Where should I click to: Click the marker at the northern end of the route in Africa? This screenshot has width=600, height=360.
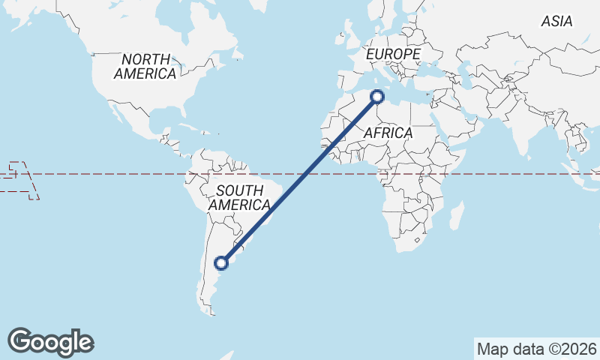[377, 96]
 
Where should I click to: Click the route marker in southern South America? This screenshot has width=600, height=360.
[221, 262]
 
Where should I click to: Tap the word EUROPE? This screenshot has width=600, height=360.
[393, 55]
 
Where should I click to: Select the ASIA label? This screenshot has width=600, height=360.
[556, 22]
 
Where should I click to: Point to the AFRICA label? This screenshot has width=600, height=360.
[388, 133]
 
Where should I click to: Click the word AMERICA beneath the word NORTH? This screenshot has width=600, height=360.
[145, 73]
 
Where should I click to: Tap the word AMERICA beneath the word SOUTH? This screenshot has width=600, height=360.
[239, 205]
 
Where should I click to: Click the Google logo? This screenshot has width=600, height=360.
[50, 341]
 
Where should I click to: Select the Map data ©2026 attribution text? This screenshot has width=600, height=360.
[536, 349]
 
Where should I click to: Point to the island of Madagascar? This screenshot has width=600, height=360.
[454, 217]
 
